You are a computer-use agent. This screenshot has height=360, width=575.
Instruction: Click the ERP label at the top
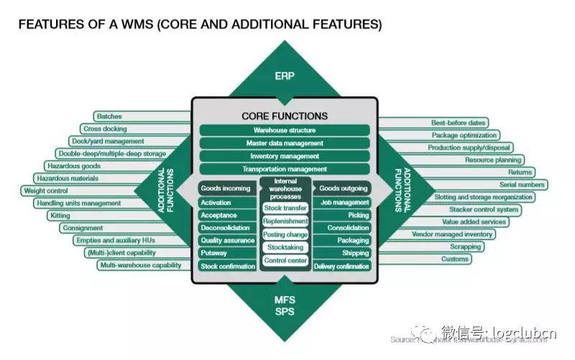[x=285, y=75]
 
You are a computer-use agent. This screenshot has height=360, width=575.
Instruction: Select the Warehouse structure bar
[x=285, y=130]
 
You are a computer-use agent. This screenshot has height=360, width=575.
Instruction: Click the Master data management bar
[x=285, y=143]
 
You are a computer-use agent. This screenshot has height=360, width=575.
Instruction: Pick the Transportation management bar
[x=285, y=169]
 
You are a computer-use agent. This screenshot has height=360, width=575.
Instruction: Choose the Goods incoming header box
[x=226, y=188]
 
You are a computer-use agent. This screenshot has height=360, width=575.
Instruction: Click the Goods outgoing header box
[x=344, y=188]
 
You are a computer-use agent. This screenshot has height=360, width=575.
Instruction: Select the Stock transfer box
[x=285, y=208]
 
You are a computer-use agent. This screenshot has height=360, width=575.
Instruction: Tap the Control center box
[x=285, y=260]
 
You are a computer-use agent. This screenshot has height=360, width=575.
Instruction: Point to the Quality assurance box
[x=227, y=240]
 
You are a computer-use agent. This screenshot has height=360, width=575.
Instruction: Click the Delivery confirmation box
[x=342, y=266]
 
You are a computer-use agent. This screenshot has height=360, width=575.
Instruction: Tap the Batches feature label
[x=110, y=116]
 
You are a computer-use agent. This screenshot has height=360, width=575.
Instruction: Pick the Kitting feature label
[x=60, y=216]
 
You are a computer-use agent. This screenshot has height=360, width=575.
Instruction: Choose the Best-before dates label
[x=459, y=123]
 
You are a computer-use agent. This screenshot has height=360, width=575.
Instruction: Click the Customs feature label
[x=454, y=259]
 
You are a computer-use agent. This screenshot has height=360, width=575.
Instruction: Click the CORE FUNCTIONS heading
[x=285, y=116]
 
